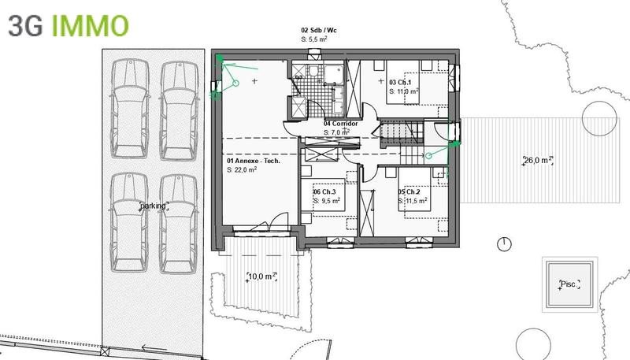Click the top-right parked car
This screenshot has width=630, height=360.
178,108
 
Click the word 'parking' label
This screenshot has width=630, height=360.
154,206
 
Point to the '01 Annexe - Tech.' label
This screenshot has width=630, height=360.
253,161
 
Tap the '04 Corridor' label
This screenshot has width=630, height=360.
341,124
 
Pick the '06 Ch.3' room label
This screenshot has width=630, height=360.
324,192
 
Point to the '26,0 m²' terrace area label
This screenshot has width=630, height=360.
539,161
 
